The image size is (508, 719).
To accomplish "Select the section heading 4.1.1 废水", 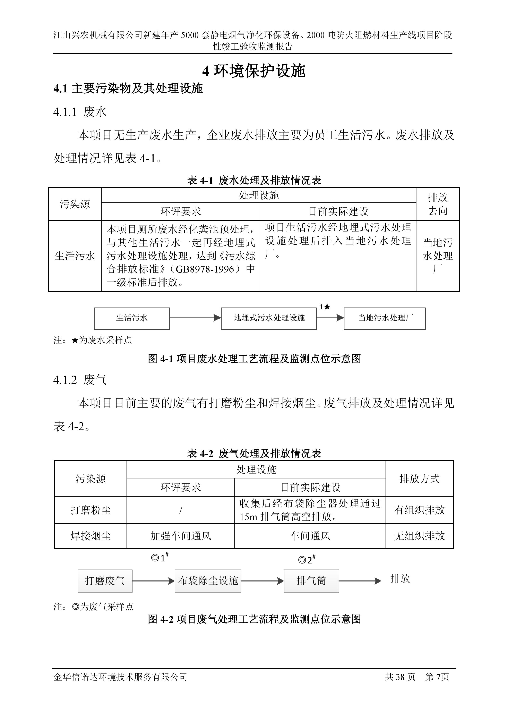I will point(80,112).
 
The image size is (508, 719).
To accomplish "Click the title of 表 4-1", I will point(254,180).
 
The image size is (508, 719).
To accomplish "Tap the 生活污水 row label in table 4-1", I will point(75,256).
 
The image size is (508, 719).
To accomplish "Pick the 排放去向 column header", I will point(438,204).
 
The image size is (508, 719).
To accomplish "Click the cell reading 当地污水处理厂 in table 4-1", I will point(438,256).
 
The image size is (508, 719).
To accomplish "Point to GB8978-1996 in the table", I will point(205,269).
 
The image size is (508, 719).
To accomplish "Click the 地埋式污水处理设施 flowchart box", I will point(269,318).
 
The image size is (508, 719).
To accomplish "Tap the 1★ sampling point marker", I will point(325,307).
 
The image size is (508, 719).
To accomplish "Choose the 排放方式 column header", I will point(419,478).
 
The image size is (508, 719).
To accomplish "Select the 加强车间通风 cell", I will point(181,536).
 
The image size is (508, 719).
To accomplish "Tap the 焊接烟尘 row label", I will point(91,536).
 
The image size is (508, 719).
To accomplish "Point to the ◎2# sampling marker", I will point(307,560).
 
